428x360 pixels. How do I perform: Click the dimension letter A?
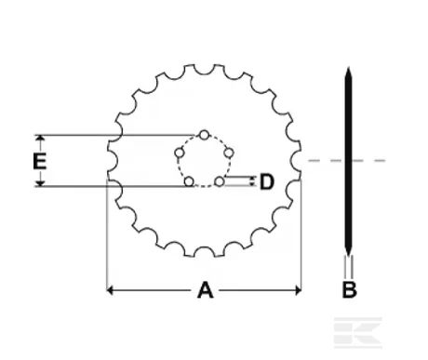(205, 291)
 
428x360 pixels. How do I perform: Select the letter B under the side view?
(349, 290)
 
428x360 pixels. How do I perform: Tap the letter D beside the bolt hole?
(266, 181)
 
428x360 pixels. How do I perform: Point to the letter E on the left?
(39, 161)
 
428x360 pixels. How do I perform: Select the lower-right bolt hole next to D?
(220, 181)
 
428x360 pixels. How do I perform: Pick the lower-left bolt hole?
(189, 181)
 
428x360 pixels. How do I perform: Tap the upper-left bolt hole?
(180, 152)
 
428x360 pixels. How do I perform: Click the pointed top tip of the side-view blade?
(348, 72)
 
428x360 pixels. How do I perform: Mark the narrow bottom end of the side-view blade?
(348, 260)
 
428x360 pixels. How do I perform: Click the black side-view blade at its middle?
(348, 161)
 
